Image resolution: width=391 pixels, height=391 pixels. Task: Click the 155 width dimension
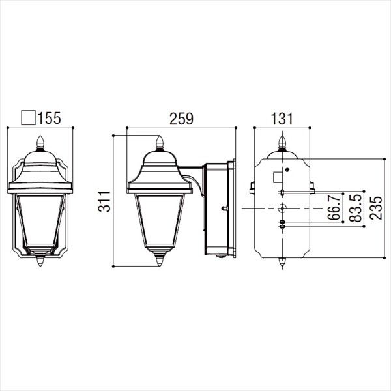tap(49, 118)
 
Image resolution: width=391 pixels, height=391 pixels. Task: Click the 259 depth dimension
tap(181, 119)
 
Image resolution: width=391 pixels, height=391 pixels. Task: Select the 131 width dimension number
tap(282, 119)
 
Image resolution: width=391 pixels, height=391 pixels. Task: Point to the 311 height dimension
tap(104, 201)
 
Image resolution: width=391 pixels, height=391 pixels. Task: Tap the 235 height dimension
tap(376, 208)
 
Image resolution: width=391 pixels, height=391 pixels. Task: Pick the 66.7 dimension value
tap(334, 207)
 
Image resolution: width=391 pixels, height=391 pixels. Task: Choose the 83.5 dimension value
tap(355, 209)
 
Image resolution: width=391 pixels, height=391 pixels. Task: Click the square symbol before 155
tap(28, 118)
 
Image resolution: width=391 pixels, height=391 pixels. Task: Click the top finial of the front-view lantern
tap(40, 143)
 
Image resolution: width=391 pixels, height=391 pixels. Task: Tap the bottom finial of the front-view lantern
tap(40, 260)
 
